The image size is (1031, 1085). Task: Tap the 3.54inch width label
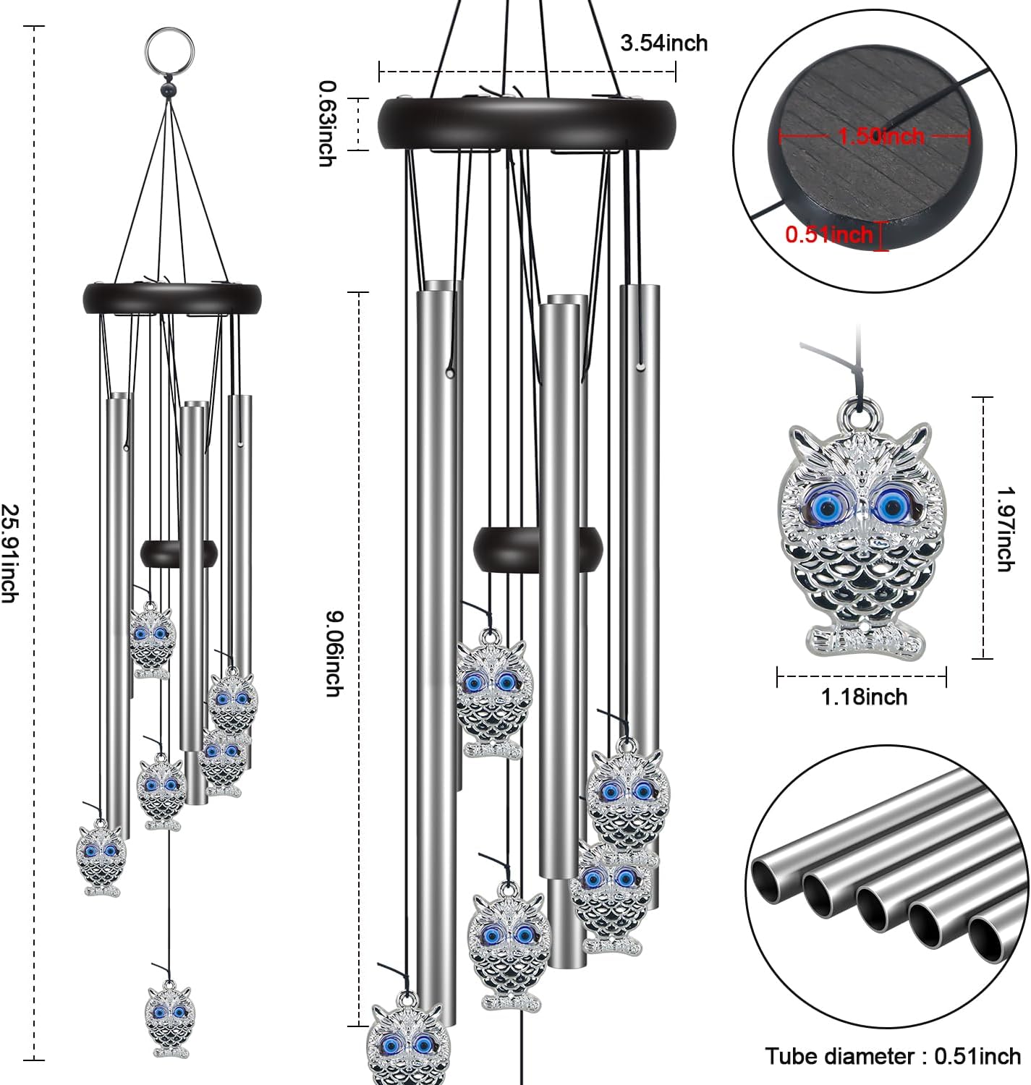663,43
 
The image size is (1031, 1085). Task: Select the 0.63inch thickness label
327,124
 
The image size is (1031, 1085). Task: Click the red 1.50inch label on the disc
881,136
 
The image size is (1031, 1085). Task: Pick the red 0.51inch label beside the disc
829,234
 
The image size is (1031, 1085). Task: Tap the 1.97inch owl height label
1004,529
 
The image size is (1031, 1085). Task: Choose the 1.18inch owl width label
864,697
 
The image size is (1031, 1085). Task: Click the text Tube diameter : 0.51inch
893,1056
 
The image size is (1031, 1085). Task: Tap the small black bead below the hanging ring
169,91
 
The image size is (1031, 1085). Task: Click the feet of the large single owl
865,640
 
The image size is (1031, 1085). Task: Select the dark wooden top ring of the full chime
171,297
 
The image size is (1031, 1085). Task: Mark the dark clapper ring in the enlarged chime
538,548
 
